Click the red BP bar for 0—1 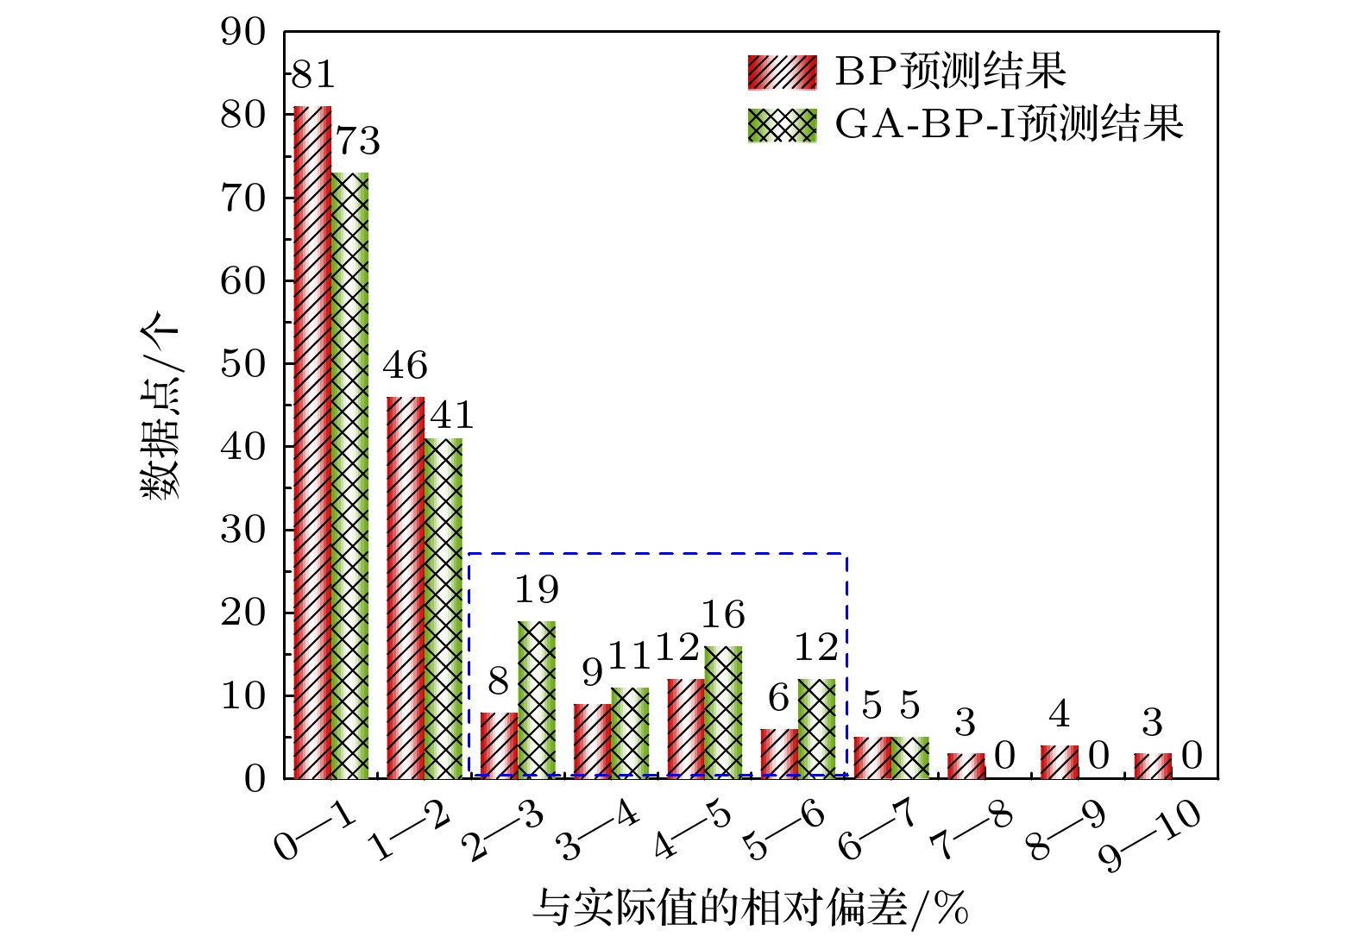312,442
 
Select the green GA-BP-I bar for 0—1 350,475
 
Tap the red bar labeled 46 406,588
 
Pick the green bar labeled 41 444,608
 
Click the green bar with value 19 537,700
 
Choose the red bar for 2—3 499,745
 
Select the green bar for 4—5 723,713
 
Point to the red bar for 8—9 1059,762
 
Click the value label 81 313,76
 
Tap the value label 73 357,141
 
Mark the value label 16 722,615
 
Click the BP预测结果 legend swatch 782,72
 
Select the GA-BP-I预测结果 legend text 1009,124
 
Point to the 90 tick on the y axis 244,32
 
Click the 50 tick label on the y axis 244,364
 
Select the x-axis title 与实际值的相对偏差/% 751,909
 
